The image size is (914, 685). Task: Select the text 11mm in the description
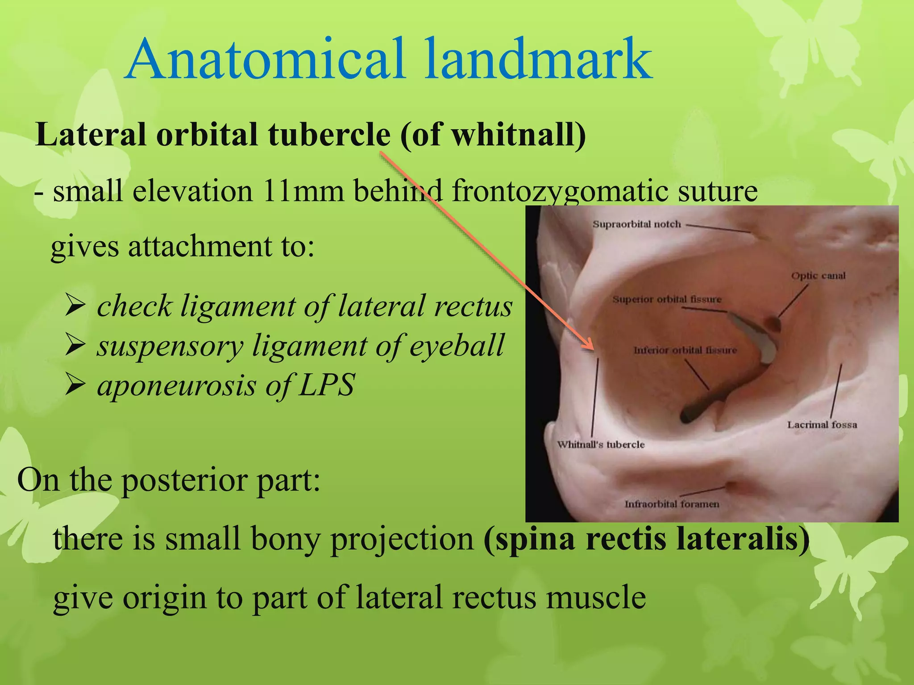303,191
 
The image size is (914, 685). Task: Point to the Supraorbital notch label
636,224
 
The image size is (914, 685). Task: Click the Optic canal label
818,276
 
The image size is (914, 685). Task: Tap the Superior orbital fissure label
667,299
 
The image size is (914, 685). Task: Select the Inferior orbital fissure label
685,351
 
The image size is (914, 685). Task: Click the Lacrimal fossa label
822,425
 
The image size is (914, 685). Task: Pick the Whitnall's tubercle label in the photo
601,445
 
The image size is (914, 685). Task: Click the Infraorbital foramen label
672,504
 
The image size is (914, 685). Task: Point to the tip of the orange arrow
593,349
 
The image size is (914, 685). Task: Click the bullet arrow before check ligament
75,305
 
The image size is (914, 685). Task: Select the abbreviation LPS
327,385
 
